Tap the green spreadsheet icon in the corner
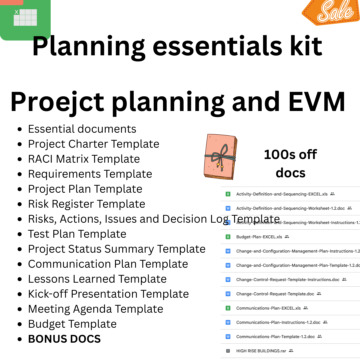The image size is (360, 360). pyautogui.click(x=25, y=18)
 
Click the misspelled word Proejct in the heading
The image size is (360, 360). pyautogui.click(x=57, y=102)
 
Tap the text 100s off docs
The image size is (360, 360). pyautogui.click(x=290, y=163)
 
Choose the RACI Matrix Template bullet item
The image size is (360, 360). pyautogui.click(x=84, y=159)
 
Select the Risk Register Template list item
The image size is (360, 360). pyautogui.click(x=86, y=204)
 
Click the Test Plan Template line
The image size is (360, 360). pyautogui.click(x=77, y=234)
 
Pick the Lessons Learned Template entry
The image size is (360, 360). pyautogui.click(x=97, y=279)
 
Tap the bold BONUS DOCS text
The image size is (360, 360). pyautogui.click(x=64, y=339)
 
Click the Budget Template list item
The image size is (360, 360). pyautogui.click(x=72, y=324)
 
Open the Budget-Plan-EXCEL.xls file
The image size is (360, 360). pyautogui.click(x=259, y=237)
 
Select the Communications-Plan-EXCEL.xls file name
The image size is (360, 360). pyautogui.click(x=268, y=308)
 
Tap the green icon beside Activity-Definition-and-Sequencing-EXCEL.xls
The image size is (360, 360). pyautogui.click(x=228, y=194)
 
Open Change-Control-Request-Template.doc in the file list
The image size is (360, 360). pyautogui.click(x=275, y=294)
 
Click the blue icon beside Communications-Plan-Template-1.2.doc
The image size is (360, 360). pyautogui.click(x=228, y=337)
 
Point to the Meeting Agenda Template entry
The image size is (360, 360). pyautogui.click(x=95, y=309)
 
